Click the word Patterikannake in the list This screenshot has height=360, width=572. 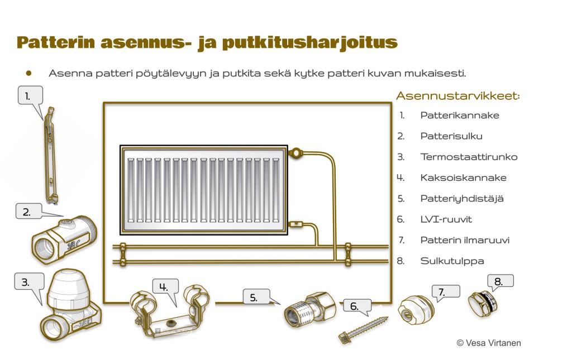pos(460,116)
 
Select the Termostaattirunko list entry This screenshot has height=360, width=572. pos(469,157)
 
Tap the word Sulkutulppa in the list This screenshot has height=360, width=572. pos(452,261)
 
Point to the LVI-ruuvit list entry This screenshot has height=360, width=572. pos(446,219)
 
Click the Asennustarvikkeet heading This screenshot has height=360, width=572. pos(458,96)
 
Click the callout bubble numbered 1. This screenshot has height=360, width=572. pos(30,95)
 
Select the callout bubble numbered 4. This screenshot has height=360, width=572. pos(165,287)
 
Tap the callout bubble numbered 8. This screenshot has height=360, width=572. pos(500,281)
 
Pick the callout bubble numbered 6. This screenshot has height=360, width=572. pos(357,306)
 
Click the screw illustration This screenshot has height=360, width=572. pos(363,329)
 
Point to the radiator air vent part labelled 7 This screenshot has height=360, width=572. pos(416,310)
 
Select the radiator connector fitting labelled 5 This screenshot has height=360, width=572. pos(310,309)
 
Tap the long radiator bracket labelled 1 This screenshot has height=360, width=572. pos(50,155)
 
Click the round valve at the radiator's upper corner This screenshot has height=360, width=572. pos(296,152)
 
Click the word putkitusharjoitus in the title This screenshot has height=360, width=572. pos(309,42)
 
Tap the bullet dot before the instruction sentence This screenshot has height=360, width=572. pos(29,73)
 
